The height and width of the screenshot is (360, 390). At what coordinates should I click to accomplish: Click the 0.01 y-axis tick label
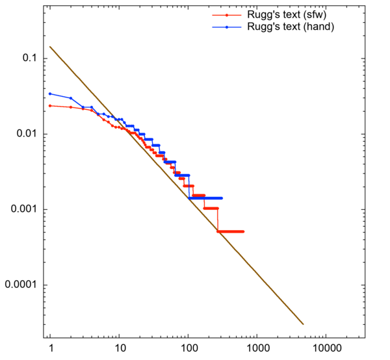point(25,135)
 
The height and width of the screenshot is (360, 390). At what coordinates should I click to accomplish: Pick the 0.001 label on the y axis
point(23,210)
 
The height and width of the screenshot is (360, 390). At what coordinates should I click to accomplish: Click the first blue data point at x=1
point(50,94)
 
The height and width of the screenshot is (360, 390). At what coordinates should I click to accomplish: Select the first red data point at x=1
point(50,106)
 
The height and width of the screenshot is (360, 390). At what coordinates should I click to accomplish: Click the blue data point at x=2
point(71,98)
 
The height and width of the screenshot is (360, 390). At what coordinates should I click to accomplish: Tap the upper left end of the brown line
point(50,47)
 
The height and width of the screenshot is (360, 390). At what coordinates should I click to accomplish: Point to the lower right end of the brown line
point(304,324)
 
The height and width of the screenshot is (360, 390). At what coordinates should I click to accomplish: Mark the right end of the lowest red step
point(242,231)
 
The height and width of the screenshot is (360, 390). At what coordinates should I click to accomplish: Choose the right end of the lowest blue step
point(222,198)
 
